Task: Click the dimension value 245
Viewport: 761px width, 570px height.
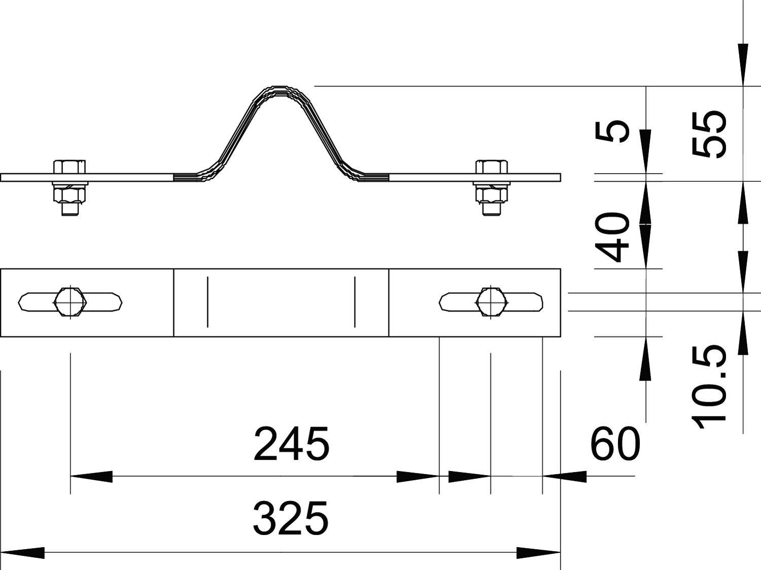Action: tap(291, 444)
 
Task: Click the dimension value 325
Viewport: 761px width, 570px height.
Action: tap(291, 519)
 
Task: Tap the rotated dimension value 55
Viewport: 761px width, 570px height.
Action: tap(709, 134)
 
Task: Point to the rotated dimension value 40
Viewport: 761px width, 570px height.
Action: tap(612, 238)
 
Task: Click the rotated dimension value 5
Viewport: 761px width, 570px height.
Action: tap(612, 132)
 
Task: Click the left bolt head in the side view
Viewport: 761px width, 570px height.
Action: tap(70, 167)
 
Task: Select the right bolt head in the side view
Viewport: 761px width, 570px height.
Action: tap(491, 167)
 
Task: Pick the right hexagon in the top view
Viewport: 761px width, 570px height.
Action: tap(491, 302)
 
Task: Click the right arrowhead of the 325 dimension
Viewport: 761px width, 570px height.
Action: tap(539, 552)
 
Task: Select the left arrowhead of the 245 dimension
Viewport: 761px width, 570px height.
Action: tap(91, 477)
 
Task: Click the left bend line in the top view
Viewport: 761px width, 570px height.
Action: tap(207, 302)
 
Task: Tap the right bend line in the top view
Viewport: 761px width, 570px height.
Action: tap(355, 302)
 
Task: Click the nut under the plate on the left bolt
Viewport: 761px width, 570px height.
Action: tap(70, 194)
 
